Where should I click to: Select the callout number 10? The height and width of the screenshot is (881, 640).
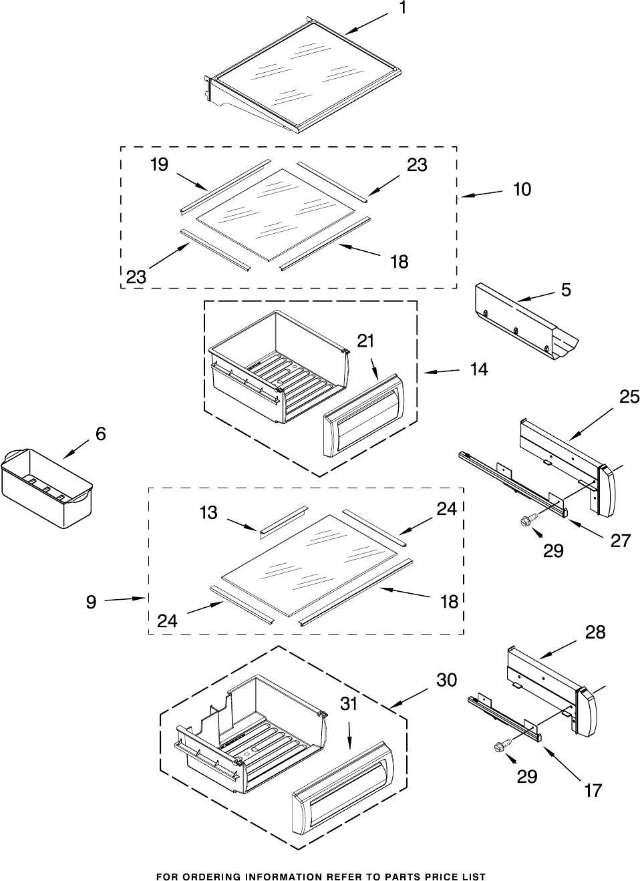(522, 190)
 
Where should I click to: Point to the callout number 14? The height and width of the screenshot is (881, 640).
(478, 369)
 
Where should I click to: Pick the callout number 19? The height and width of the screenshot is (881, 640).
(159, 165)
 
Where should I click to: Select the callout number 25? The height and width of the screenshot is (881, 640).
(629, 398)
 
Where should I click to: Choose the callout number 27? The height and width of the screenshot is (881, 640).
(621, 540)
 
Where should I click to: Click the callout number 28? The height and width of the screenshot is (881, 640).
(595, 633)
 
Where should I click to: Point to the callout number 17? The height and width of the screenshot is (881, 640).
(593, 791)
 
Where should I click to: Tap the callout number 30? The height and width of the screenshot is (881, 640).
(446, 680)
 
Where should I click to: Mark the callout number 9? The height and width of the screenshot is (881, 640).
(91, 602)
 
